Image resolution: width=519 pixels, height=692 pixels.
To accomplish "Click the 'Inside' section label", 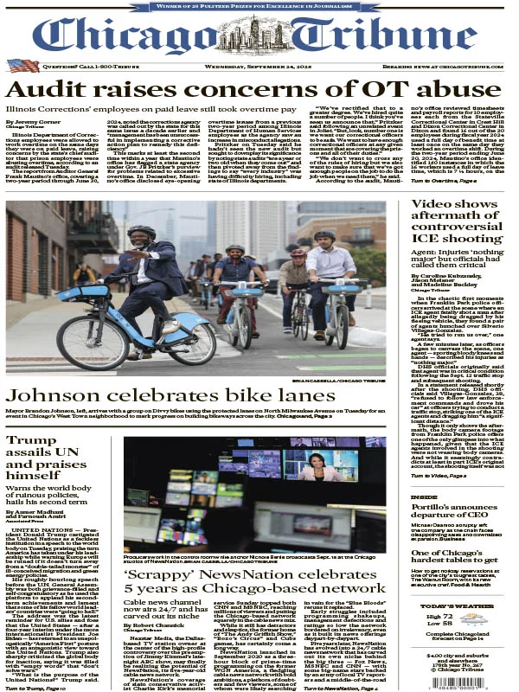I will click(x=424, y=497).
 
